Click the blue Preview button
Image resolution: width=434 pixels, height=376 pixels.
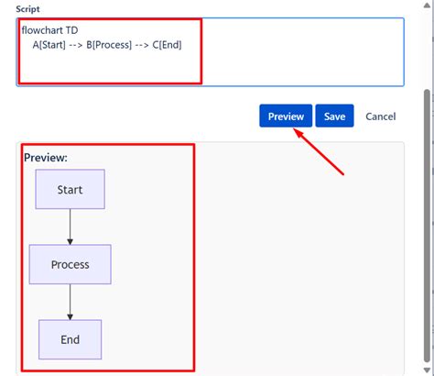286,116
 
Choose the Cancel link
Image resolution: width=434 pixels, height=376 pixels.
380,116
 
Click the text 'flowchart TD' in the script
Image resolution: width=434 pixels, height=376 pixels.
49,29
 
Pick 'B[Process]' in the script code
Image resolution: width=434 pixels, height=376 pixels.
112,44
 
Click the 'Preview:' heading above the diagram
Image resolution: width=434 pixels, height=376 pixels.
46,158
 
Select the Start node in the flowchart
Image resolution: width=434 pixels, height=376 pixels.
71,190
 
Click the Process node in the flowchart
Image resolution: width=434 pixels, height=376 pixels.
71,264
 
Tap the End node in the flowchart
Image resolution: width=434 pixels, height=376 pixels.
71,339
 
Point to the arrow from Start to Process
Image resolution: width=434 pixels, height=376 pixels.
71,227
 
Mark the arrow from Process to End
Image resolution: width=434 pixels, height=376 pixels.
71,301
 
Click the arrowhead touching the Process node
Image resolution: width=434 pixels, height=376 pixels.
71,241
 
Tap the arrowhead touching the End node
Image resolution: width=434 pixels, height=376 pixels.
71,316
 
